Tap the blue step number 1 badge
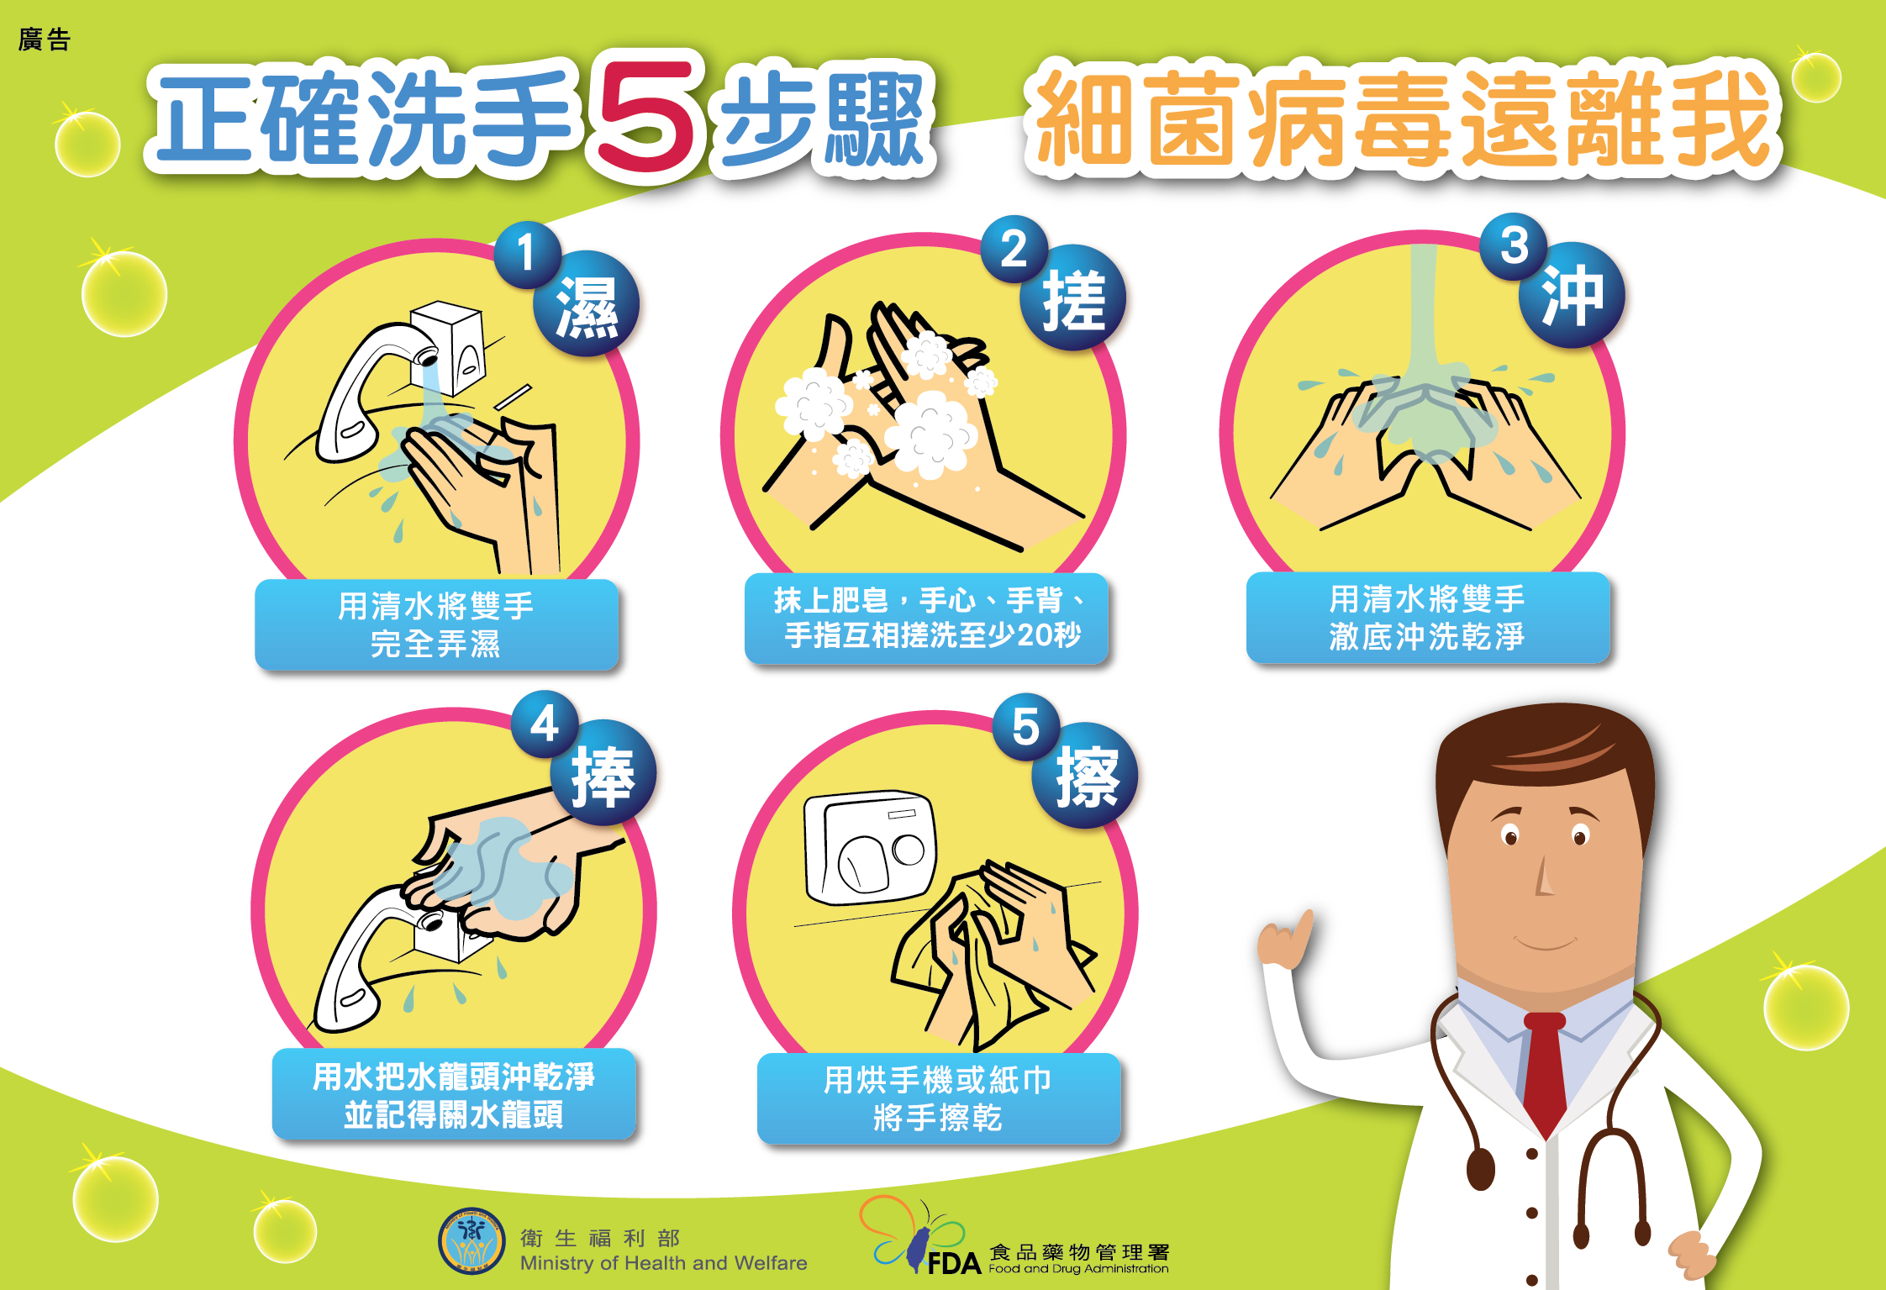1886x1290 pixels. (x=527, y=254)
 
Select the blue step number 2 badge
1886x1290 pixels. (x=1014, y=250)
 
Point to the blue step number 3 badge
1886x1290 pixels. (x=1515, y=246)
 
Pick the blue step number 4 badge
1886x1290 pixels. (x=545, y=724)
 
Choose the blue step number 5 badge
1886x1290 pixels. (x=1026, y=727)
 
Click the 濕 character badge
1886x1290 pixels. (x=587, y=304)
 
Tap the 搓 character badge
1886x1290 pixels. (x=1073, y=298)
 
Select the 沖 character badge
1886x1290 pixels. (x=1572, y=295)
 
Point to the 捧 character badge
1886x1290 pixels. (x=603, y=773)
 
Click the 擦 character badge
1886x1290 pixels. (x=1085, y=776)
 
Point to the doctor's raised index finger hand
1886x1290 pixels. (x=1286, y=939)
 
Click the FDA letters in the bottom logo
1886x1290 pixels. (x=954, y=1263)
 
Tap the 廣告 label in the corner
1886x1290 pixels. (x=45, y=39)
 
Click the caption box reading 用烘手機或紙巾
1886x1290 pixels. (x=939, y=1098)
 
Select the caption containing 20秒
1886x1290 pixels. (x=926, y=618)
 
